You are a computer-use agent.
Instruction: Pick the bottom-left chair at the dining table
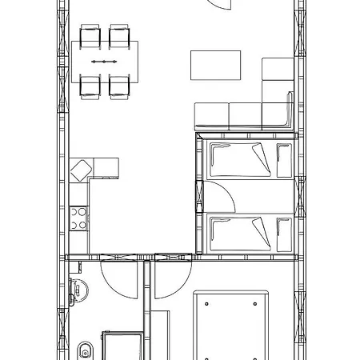tap(90, 86)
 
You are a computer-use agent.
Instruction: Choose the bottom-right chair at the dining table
tap(120, 86)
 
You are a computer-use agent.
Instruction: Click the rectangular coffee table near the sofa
tap(215, 65)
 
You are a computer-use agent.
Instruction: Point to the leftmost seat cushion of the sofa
tap(211, 117)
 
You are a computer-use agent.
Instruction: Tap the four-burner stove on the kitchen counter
tap(79, 218)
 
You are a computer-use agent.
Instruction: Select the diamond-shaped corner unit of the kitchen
tap(82, 170)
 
